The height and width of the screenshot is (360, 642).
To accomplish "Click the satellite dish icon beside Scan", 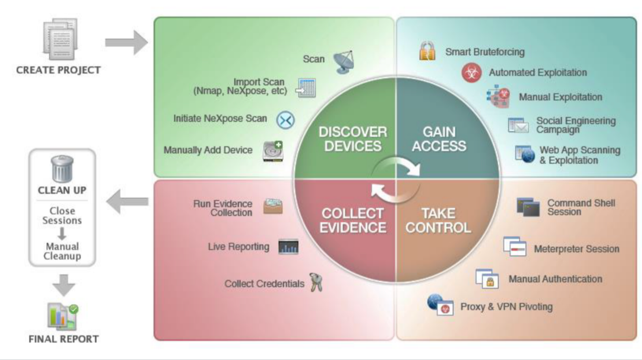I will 344,62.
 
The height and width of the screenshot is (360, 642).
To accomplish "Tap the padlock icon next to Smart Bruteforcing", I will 427,51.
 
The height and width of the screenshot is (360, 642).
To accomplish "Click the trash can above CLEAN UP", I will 62,169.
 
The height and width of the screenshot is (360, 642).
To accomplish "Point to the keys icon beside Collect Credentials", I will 316,282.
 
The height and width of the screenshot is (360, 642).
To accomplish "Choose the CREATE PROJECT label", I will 58,70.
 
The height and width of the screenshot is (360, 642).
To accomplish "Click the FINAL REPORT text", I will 63,339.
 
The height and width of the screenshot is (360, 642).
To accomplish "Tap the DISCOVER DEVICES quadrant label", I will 353,139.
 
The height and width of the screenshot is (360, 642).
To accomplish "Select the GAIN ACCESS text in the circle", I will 439,139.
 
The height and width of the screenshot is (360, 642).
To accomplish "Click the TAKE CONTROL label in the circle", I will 438,221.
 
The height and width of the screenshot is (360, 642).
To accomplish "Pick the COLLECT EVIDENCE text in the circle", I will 353,221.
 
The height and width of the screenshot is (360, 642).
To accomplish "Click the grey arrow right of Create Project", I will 126,42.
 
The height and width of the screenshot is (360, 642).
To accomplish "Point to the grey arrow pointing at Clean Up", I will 127,201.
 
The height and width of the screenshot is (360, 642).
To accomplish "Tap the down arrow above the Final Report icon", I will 64,285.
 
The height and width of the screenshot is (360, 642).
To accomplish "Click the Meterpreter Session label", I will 576,249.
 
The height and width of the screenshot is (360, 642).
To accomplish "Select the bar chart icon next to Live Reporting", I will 288,247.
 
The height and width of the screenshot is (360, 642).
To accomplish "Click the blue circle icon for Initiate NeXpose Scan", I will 285,120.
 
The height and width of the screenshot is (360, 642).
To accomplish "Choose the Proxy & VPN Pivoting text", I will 506,307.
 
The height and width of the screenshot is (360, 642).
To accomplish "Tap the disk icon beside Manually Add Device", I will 273,151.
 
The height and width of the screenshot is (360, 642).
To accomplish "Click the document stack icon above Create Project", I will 61,39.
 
